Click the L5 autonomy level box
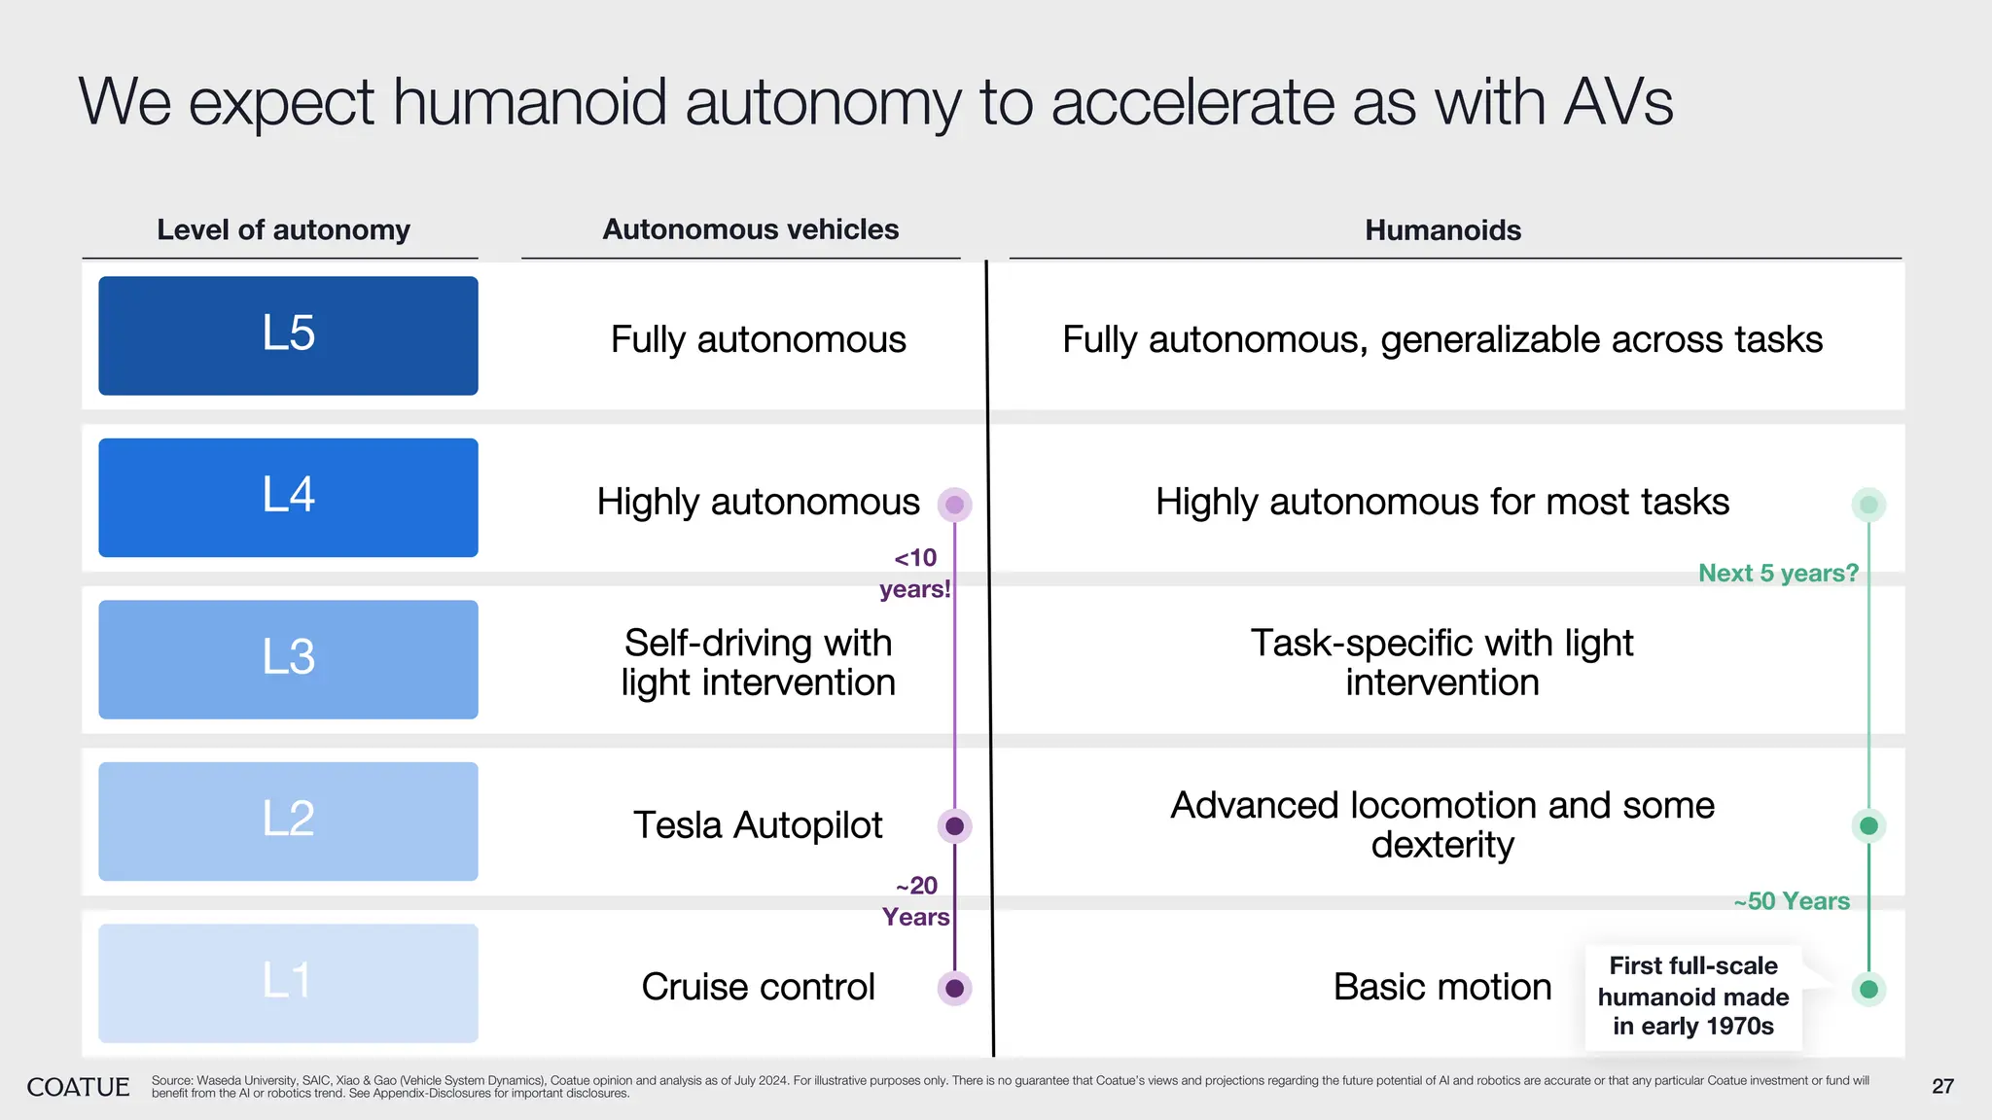pos(288,335)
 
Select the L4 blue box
pos(288,497)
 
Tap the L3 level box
pos(288,659)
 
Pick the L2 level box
pos(288,821)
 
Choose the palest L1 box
pos(288,983)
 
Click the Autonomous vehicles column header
pos(750,229)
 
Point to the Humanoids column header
pos(1442,230)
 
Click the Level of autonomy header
pos(283,230)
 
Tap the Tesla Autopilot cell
pos(758,825)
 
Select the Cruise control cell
pos(758,987)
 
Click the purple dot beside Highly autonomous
pos(954,505)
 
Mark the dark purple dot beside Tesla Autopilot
pos(954,826)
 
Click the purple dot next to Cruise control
pos(954,988)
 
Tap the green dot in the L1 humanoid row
pos(1868,990)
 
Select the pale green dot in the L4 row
pos(1868,505)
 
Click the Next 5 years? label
pos(1778,574)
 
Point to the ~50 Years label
pos(1792,901)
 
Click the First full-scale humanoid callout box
pos(1693,997)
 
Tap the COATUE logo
pos(78,1087)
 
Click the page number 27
pos(1942,1087)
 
